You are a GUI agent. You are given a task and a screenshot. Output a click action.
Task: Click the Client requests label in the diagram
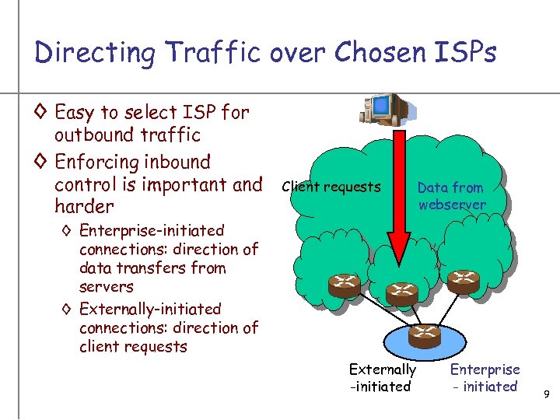coord(331,187)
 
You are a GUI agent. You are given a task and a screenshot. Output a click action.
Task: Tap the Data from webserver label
coord(450,196)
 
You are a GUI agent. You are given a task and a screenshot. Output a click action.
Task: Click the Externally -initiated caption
coord(382,377)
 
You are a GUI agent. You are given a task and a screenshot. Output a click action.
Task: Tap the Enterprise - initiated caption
coord(485,377)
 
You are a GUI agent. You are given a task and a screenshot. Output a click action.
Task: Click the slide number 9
coord(547,395)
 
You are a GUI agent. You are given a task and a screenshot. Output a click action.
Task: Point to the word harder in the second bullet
coord(83,207)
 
